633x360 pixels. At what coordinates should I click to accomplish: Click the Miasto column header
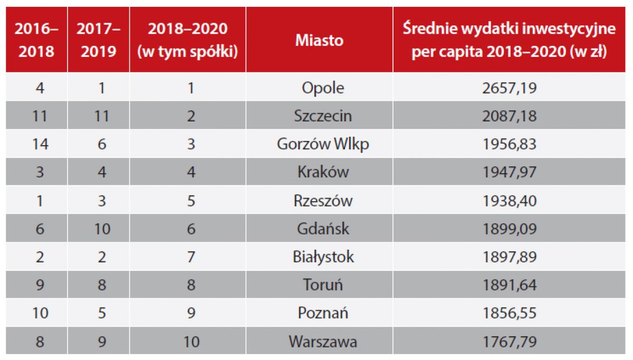(x=319, y=40)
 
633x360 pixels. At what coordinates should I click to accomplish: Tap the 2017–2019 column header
(x=98, y=40)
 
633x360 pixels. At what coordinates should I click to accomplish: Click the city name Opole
(x=322, y=88)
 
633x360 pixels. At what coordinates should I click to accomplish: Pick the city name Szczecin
(x=322, y=116)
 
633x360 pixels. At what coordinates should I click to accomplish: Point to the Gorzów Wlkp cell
(x=322, y=144)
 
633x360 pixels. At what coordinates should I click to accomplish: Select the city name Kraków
(x=322, y=172)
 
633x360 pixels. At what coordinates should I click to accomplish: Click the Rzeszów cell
(x=322, y=201)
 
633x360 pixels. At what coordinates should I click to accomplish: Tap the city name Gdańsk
(x=322, y=229)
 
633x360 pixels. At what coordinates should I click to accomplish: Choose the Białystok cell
(x=322, y=257)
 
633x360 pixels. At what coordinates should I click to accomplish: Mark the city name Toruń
(x=322, y=285)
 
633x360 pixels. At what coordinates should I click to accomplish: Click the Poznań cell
(x=322, y=314)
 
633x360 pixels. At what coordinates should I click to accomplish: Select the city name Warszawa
(x=322, y=342)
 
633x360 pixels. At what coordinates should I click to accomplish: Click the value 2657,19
(x=509, y=88)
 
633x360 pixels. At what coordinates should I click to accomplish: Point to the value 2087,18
(x=509, y=116)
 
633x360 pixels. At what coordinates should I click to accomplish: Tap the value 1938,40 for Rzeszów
(x=509, y=201)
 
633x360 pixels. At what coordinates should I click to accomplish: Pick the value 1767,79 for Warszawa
(x=509, y=342)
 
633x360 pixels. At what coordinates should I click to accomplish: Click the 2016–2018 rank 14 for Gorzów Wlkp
(x=40, y=144)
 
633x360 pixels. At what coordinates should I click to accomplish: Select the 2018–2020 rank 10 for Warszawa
(x=191, y=342)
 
